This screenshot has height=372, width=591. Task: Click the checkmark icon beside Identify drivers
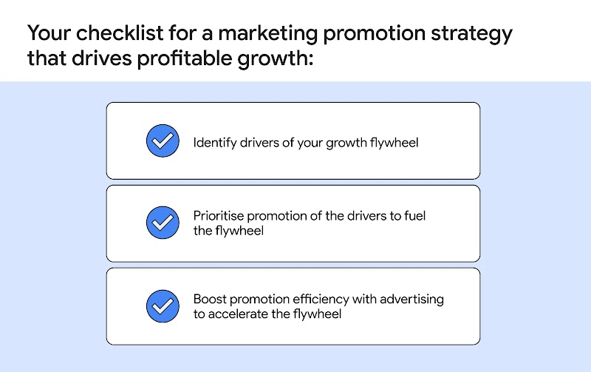[162, 141]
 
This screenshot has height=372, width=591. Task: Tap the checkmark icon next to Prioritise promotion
[162, 223]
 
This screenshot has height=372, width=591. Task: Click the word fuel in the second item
[415, 216]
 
